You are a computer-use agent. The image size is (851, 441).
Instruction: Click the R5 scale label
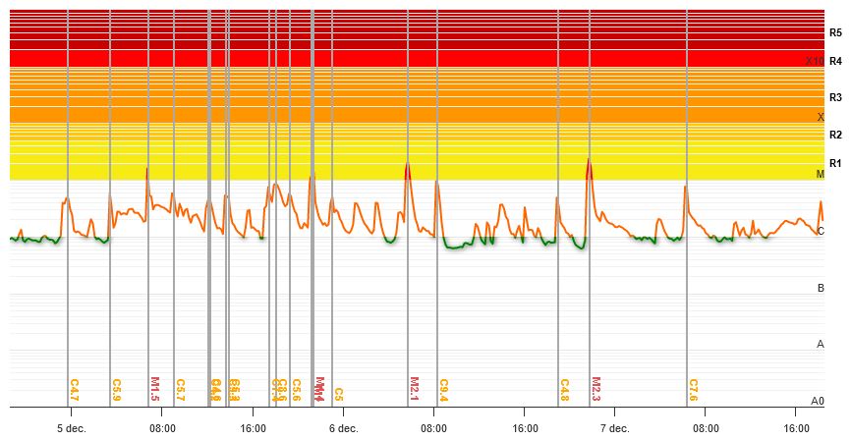tap(835, 32)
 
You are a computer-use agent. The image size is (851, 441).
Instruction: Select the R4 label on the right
tap(835, 61)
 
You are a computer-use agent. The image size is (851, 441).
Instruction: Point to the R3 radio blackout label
tap(835, 97)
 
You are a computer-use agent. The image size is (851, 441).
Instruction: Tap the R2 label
tap(835, 135)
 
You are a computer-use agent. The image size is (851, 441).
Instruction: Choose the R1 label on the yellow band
tap(835, 163)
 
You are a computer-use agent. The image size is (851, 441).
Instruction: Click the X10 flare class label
tap(814, 61)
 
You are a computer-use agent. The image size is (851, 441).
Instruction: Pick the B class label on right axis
tap(821, 288)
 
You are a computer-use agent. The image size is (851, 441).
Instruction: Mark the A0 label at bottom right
tap(818, 401)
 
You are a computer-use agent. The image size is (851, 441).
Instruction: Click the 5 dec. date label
tap(72, 428)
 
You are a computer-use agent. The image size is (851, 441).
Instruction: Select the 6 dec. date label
tap(344, 428)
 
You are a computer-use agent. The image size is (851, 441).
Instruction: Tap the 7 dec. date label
tap(615, 428)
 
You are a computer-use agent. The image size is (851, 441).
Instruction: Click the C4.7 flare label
tap(75, 390)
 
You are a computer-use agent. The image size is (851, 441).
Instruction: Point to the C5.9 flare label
tap(117, 390)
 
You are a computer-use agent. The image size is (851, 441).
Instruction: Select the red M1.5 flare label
tap(155, 389)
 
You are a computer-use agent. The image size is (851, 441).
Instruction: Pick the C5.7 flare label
tap(181, 390)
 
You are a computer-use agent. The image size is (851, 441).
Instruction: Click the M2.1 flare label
tap(415, 389)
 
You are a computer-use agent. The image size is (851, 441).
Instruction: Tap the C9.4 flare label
tap(444, 390)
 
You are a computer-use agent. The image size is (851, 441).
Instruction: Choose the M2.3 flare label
tap(596, 389)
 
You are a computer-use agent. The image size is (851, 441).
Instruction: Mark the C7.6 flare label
tap(694, 390)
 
